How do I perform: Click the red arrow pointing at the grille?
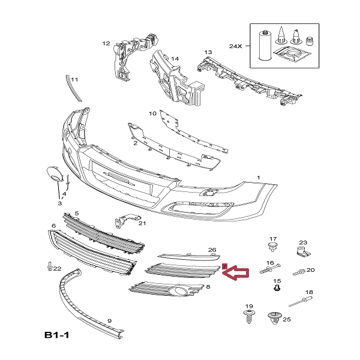click(236, 274)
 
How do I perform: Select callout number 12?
click(106, 43)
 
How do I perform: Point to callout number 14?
click(175, 59)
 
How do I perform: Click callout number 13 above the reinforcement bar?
click(208, 52)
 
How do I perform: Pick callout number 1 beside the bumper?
click(259, 178)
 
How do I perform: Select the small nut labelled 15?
click(277, 289)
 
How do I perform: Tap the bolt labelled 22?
click(49, 267)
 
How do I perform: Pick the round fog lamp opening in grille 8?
click(178, 292)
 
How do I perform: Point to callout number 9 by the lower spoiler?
click(109, 321)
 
